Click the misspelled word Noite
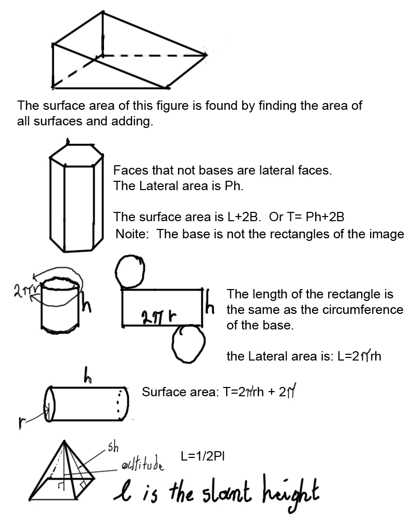pyautogui.click(x=132, y=234)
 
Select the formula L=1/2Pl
pyautogui.click(x=202, y=456)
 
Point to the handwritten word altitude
pyautogui.click(x=142, y=465)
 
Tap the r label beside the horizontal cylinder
pyautogui.click(x=22, y=424)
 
